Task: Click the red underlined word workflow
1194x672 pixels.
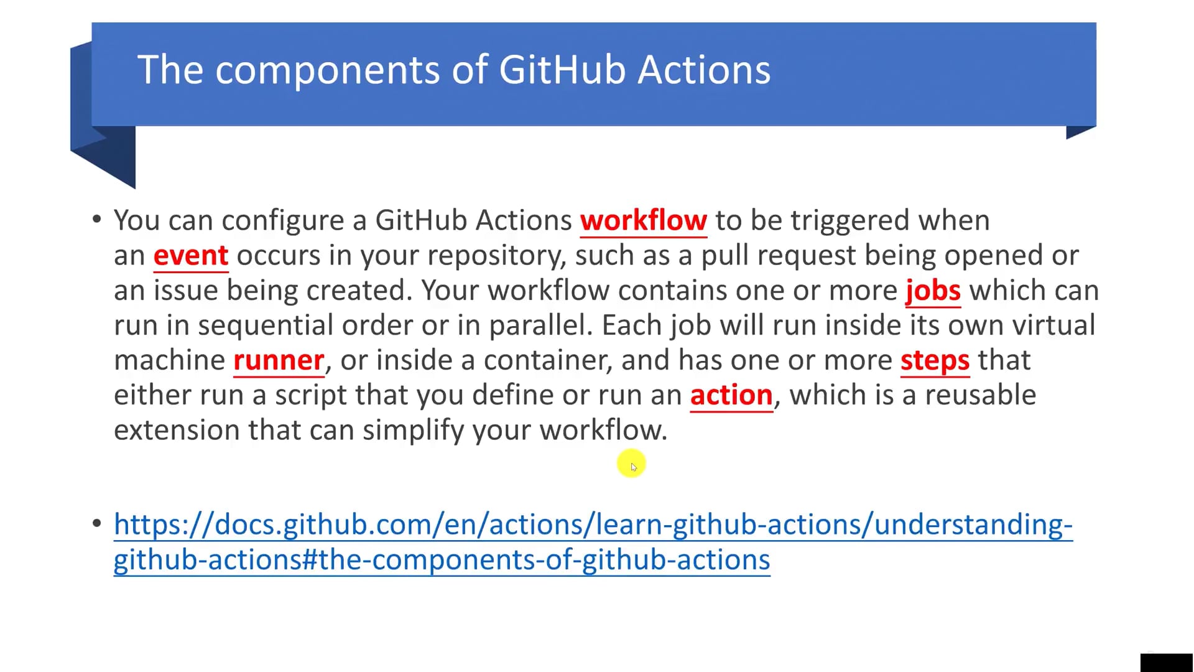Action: tap(643, 220)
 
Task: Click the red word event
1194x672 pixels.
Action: tap(190, 256)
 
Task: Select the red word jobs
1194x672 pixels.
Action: tap(932, 291)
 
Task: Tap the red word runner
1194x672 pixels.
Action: tap(279, 360)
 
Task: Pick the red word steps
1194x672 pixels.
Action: tap(934, 360)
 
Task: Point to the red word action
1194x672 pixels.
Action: tap(731, 395)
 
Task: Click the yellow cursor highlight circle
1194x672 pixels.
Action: tap(631, 464)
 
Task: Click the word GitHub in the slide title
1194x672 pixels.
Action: tap(562, 69)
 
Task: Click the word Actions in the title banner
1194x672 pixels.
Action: tap(704, 69)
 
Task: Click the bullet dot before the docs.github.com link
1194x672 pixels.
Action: tap(96, 523)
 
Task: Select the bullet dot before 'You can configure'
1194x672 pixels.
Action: tap(96, 219)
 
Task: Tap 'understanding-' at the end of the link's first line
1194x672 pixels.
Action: tap(973, 525)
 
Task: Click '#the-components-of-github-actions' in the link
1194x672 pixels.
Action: tap(535, 559)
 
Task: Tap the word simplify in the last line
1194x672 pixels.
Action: tap(413, 430)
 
